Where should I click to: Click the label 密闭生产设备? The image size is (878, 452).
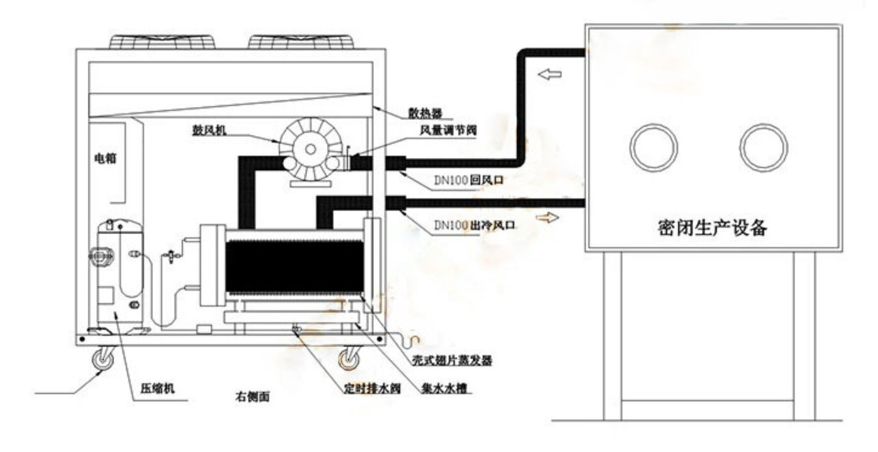(711, 228)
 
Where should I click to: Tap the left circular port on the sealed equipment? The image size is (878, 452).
(654, 147)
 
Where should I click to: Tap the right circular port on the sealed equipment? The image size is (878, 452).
(763, 147)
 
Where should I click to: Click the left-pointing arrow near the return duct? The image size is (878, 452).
(550, 74)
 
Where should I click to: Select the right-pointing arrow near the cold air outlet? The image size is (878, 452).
(547, 218)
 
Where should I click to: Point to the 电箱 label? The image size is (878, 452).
(105, 158)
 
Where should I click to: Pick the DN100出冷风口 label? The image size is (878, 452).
(475, 226)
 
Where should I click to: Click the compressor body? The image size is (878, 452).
(120, 272)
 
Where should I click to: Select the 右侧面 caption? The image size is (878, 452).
(252, 396)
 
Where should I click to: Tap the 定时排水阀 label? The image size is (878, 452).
(372, 388)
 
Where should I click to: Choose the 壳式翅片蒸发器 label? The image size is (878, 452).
(452, 360)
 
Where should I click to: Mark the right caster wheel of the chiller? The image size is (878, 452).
(350, 358)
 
